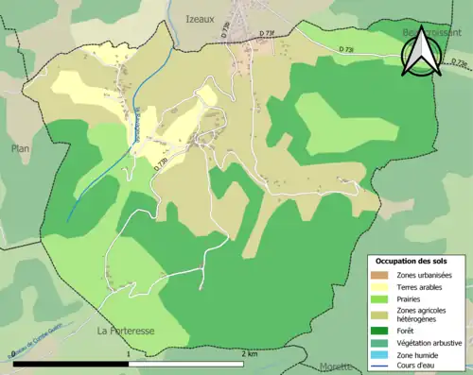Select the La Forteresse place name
(x=127, y=331)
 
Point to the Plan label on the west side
(x=21, y=148)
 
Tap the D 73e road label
(x=162, y=163)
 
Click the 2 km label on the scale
(x=250, y=353)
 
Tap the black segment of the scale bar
(x=71, y=363)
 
